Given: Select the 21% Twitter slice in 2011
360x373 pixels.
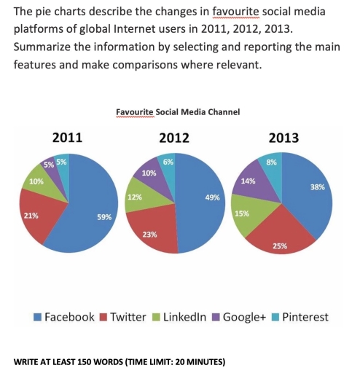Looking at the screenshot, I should point(36,219).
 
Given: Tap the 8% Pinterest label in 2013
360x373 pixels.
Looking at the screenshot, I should point(271,162).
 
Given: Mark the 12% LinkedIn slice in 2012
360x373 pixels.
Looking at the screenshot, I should point(135,198).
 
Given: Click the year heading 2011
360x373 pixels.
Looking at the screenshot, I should point(67,137).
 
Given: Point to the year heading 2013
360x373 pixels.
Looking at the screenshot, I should point(283,137).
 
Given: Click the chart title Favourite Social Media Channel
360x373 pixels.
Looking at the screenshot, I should point(178,112).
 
